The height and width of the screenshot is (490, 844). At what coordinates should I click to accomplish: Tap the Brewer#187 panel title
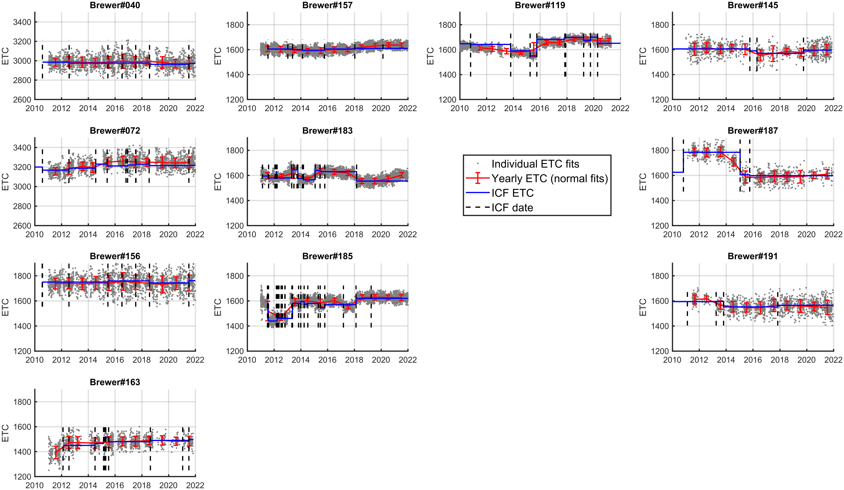753,131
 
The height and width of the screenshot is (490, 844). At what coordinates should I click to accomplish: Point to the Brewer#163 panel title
115,382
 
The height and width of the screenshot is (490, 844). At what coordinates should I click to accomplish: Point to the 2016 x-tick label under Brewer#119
540,108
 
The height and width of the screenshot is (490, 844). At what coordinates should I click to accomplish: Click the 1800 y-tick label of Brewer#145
660,25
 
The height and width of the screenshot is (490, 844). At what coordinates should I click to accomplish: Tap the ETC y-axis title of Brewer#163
5,433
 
